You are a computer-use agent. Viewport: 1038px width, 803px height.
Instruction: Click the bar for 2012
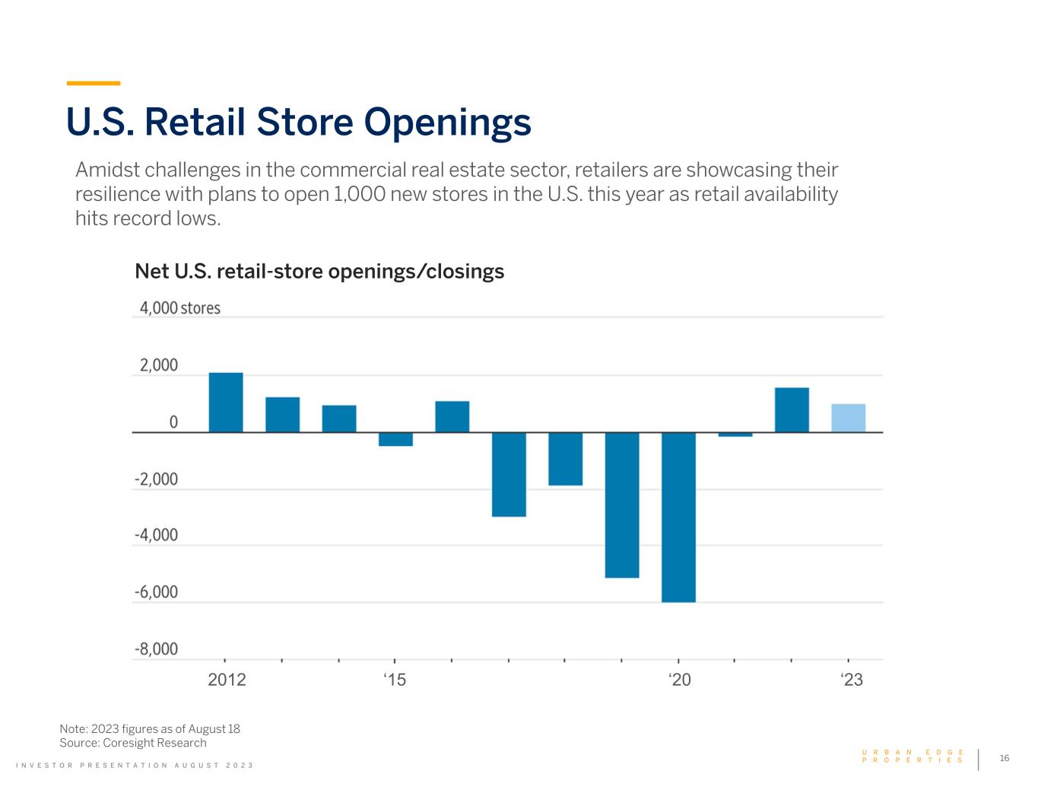coord(226,403)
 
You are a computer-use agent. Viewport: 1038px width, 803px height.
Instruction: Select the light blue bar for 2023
coord(849,418)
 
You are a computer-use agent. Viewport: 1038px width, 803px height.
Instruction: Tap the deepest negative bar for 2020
coord(679,517)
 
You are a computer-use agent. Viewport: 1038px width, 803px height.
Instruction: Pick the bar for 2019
coord(622,505)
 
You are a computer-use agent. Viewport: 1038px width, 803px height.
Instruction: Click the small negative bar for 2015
coord(395,439)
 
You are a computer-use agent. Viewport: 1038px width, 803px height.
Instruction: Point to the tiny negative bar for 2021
coord(735,435)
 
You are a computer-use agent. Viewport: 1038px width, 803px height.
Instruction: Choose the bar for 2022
coord(792,410)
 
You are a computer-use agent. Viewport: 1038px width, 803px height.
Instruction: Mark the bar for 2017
coord(509,475)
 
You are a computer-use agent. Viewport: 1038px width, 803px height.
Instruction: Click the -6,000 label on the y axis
coord(156,592)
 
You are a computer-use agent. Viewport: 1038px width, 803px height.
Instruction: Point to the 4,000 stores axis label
coord(180,307)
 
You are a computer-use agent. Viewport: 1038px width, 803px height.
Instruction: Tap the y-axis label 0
coord(173,422)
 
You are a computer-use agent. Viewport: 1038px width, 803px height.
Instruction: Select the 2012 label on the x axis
coord(227,679)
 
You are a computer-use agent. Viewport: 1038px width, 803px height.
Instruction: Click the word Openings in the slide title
coord(447,123)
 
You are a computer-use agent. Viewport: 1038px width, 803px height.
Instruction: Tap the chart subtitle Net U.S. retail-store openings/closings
coord(319,272)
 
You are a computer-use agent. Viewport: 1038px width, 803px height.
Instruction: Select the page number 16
coord(1004,758)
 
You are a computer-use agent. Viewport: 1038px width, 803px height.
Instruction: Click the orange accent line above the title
coord(93,83)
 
